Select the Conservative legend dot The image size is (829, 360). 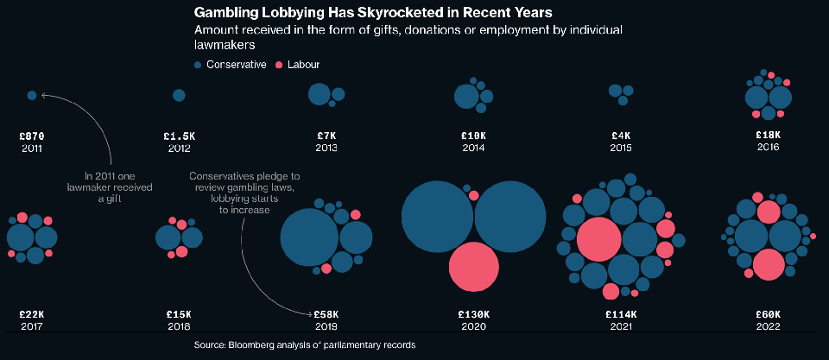[x=199, y=65]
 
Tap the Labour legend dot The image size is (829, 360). [x=279, y=65]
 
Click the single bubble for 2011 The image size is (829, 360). [x=32, y=95]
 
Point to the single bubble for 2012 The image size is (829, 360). [x=179, y=95]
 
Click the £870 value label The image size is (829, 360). [x=31, y=136]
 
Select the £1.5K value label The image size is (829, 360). [x=179, y=136]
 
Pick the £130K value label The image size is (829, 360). [x=474, y=314]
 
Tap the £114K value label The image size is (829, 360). [x=621, y=314]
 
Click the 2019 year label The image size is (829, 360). [x=326, y=326]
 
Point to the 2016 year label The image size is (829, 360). [x=768, y=148]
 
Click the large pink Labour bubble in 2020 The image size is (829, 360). [x=475, y=267]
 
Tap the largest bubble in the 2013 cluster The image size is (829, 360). [x=320, y=93]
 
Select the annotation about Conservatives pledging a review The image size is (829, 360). [x=244, y=192]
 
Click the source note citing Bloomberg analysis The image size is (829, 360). [x=305, y=345]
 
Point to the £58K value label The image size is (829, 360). [x=326, y=314]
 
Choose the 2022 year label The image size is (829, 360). [x=768, y=326]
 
